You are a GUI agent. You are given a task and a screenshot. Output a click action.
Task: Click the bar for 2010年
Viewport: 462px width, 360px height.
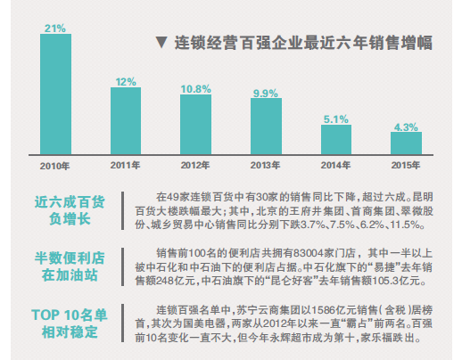pos(55,94)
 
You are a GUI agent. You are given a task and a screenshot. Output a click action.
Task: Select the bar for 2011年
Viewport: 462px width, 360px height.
pos(126,121)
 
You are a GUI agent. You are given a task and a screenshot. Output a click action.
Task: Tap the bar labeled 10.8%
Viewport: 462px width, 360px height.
pos(195,125)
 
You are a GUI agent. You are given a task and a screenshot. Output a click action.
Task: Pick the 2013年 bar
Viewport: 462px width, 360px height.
pos(266,127)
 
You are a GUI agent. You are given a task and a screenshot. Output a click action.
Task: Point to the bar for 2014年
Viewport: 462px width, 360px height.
pos(336,140)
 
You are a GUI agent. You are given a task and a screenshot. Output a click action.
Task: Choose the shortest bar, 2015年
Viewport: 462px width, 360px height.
pos(406,143)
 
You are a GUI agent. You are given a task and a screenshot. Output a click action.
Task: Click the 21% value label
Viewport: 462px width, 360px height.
pos(55,29)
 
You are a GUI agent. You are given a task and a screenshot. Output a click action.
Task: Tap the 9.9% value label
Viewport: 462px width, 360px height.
pos(266,94)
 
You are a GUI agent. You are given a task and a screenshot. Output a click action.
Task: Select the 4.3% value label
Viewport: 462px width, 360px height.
pos(406,127)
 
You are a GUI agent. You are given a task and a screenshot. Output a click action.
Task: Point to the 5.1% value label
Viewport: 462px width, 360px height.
pos(336,119)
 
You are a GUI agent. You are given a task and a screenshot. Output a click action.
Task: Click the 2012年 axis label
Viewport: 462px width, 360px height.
pos(195,165)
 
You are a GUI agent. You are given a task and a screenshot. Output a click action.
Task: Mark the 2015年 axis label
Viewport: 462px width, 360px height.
pos(406,165)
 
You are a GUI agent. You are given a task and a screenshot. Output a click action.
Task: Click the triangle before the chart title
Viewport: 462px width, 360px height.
pos(161,43)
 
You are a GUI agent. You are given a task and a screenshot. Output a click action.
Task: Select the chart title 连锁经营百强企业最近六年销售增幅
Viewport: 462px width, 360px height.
pos(303,43)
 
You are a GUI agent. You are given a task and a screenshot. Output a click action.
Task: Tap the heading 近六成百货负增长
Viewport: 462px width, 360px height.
pos(70,210)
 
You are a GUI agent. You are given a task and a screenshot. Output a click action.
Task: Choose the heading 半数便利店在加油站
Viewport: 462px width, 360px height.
pos(70,266)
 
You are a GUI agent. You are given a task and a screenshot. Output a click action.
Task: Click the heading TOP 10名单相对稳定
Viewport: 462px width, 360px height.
pos(70,323)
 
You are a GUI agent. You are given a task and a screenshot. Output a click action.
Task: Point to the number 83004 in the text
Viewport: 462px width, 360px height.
pos(309,253)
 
